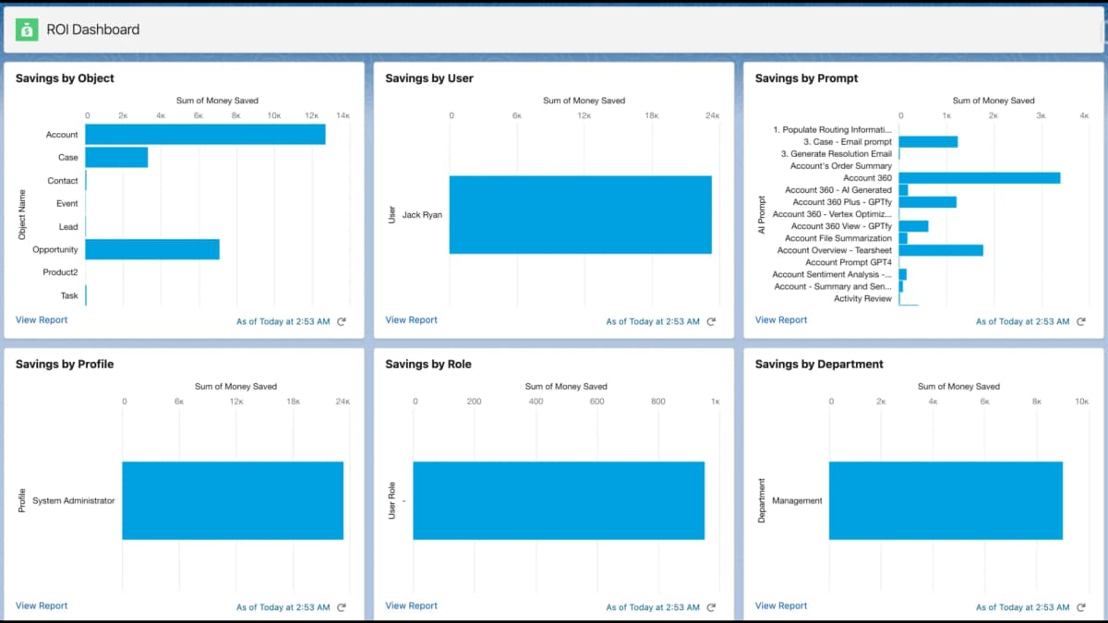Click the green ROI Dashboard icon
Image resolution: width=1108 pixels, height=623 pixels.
coord(27,30)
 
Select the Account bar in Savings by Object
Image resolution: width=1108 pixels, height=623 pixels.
coord(205,135)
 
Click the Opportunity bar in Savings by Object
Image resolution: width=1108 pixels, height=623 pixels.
coord(152,249)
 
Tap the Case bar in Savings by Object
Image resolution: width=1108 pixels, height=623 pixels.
coord(116,158)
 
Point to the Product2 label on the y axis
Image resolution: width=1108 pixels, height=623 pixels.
coord(60,272)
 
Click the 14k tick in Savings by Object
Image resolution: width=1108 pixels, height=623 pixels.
coord(343,115)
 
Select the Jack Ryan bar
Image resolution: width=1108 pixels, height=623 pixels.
coord(580,215)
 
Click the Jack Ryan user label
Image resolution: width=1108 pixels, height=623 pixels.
coord(422,215)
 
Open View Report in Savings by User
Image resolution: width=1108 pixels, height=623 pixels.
coord(411,320)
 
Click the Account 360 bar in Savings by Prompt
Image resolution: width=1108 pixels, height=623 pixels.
coord(979,178)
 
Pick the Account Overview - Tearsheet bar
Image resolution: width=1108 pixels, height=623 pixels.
coord(940,250)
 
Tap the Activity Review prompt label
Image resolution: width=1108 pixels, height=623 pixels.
coord(862,298)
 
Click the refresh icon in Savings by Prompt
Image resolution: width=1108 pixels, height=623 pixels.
coord(1081,321)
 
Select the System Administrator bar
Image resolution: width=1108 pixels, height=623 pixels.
coord(233,500)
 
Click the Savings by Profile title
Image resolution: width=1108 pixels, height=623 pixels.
coord(65,365)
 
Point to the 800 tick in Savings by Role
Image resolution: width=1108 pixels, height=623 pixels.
coord(657,401)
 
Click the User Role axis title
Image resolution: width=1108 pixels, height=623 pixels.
coord(391,500)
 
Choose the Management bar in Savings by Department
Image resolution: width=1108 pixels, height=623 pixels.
coord(945,500)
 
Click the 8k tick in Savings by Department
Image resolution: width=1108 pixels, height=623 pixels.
coord(1036,401)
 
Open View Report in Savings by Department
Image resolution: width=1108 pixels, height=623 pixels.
coord(781,606)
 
